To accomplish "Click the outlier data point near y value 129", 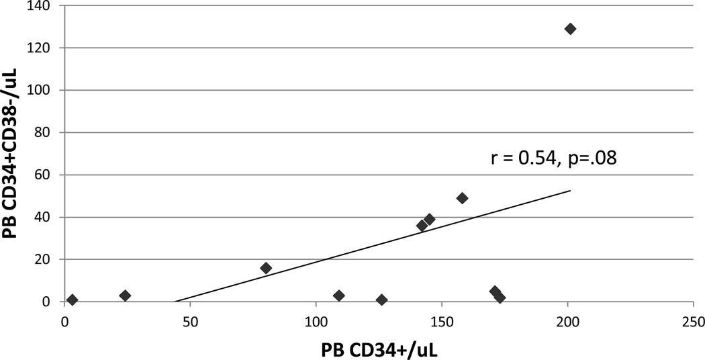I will coord(570,29).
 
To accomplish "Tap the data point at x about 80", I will coord(266,268).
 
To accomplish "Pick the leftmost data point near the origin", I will coord(72,300).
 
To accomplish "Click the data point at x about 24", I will coord(125,296).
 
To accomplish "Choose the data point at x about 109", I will coord(339,296).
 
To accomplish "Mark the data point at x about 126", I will coord(381,300).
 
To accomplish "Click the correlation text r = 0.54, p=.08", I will coord(554,159).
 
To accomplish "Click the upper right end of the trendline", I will coord(570,191).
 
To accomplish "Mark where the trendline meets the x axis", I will coord(175,302).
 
